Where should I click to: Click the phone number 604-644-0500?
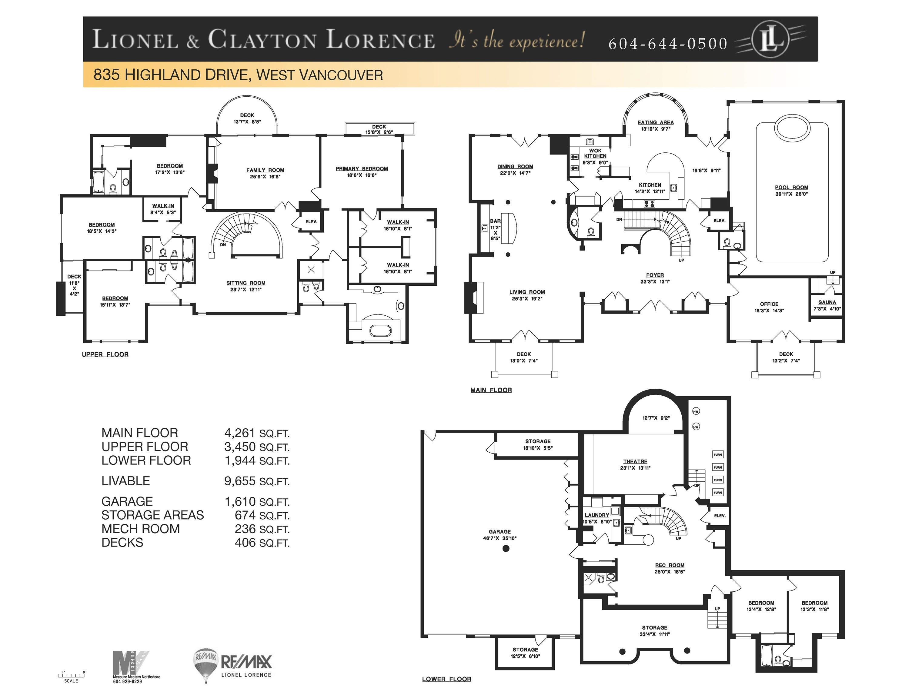tap(667, 44)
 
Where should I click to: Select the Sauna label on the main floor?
tap(827, 302)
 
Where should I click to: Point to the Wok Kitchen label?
tap(595, 153)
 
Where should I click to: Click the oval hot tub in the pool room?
tap(792, 128)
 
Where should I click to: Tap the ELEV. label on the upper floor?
tap(311, 222)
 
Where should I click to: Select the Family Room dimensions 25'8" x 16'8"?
tap(265, 177)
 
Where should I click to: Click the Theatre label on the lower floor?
tap(635, 461)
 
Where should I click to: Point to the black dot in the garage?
tap(506, 549)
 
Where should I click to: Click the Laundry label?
tap(596, 515)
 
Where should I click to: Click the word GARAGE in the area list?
tap(127, 501)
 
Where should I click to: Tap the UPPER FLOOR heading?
tap(105, 354)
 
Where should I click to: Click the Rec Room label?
tap(670, 565)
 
